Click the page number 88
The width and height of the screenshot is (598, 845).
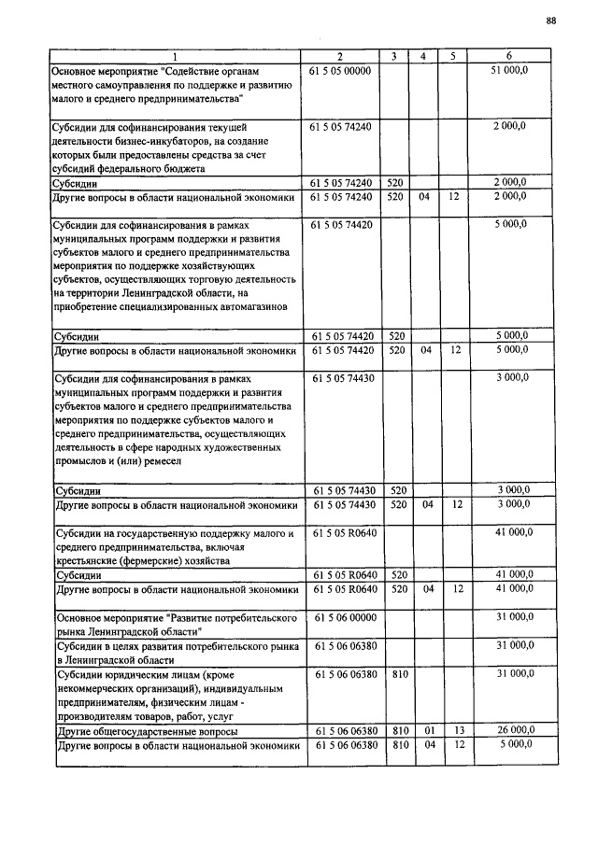click(551, 21)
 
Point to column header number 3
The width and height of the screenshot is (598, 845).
click(395, 57)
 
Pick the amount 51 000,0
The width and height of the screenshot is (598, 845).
click(509, 71)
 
